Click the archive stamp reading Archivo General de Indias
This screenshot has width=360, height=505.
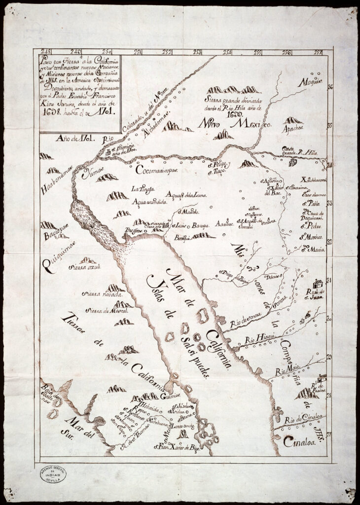(51, 474)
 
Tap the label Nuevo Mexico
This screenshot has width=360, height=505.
(235, 125)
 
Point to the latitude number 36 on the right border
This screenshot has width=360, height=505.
(330, 87)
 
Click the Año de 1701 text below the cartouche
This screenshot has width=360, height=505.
(72, 140)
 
